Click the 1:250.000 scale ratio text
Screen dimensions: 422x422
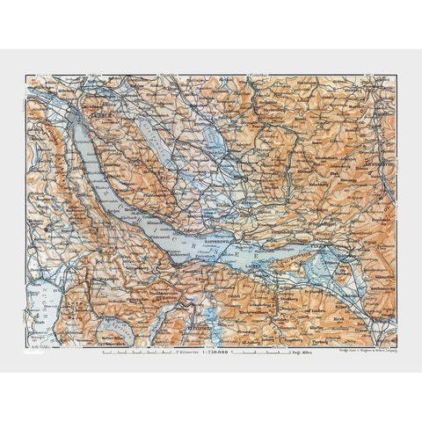tap(216, 352)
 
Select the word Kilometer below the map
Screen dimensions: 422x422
tap(187, 352)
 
